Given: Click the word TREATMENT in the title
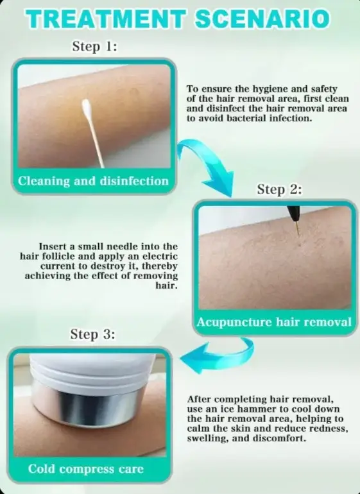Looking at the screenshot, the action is coord(107,19).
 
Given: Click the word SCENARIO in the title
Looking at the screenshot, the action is coord(262,19).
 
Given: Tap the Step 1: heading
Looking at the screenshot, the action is coord(94,46).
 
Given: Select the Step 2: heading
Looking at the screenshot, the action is coord(279,189).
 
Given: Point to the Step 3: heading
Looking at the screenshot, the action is coord(92,334).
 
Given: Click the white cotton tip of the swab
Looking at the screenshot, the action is coord(87,108).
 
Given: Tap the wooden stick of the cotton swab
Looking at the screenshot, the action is coord(96,143).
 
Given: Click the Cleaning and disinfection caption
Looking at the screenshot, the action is coord(93,181).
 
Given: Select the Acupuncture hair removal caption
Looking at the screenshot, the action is coord(274,322).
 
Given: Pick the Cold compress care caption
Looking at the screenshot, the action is coord(86,469).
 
